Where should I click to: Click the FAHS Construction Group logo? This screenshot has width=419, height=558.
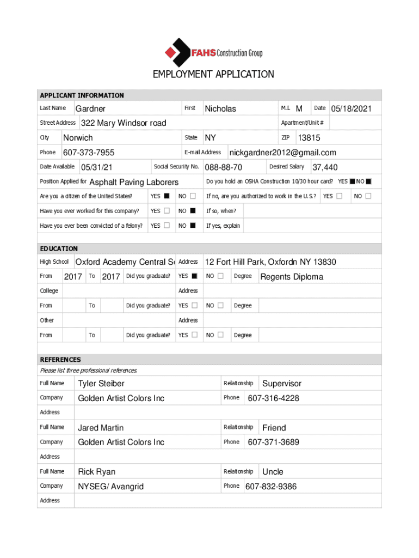213,52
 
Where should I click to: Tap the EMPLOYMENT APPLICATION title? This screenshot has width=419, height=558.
213,74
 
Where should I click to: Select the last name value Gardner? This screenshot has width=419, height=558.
90,109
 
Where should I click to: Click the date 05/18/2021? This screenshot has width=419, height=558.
352,109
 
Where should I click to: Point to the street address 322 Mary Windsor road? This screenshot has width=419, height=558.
124,123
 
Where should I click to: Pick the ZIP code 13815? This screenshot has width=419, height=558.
309,138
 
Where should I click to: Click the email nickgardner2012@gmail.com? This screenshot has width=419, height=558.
282,153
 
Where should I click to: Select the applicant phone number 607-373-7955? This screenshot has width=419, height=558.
89,153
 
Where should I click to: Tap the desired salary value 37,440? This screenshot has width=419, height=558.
325,167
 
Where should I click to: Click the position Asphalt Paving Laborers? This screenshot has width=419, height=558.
134,182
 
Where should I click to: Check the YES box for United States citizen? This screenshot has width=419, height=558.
167,196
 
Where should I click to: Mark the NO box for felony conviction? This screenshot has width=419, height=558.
193,226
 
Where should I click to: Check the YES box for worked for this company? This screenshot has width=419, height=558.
167,211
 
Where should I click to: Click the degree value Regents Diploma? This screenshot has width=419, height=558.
292,277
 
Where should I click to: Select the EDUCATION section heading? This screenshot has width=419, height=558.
59,248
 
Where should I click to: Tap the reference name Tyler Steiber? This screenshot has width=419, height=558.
101,384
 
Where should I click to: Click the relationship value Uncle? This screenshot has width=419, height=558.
273,472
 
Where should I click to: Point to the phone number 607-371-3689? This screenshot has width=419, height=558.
273,442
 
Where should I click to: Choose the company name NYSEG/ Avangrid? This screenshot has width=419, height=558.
111,486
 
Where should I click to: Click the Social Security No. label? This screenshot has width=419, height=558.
176,167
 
